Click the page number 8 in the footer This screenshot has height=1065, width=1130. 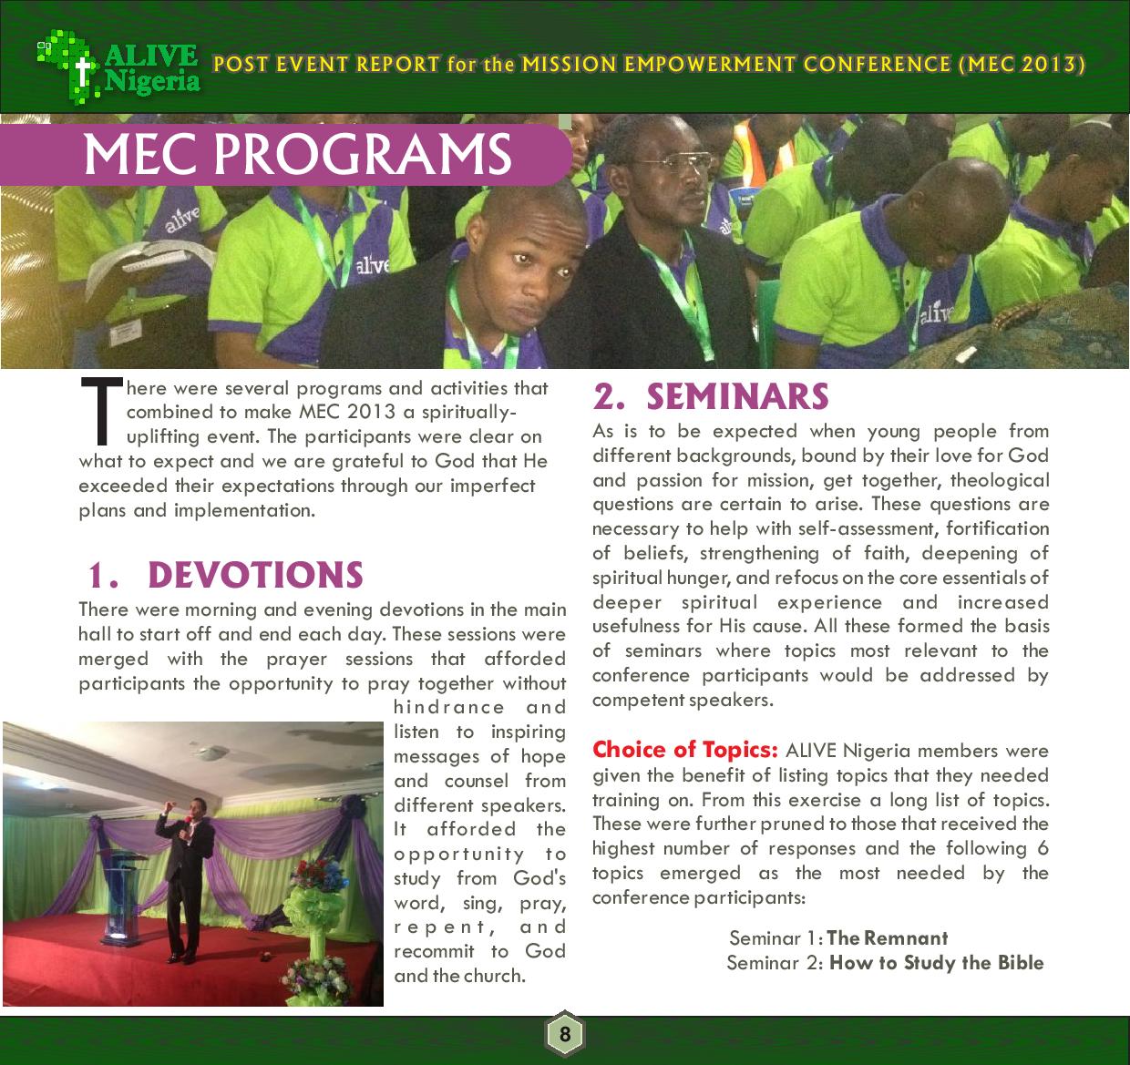565,1034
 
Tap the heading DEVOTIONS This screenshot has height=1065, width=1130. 254,575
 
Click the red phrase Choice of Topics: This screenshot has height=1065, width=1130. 684,750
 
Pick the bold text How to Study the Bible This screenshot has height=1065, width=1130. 936,963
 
